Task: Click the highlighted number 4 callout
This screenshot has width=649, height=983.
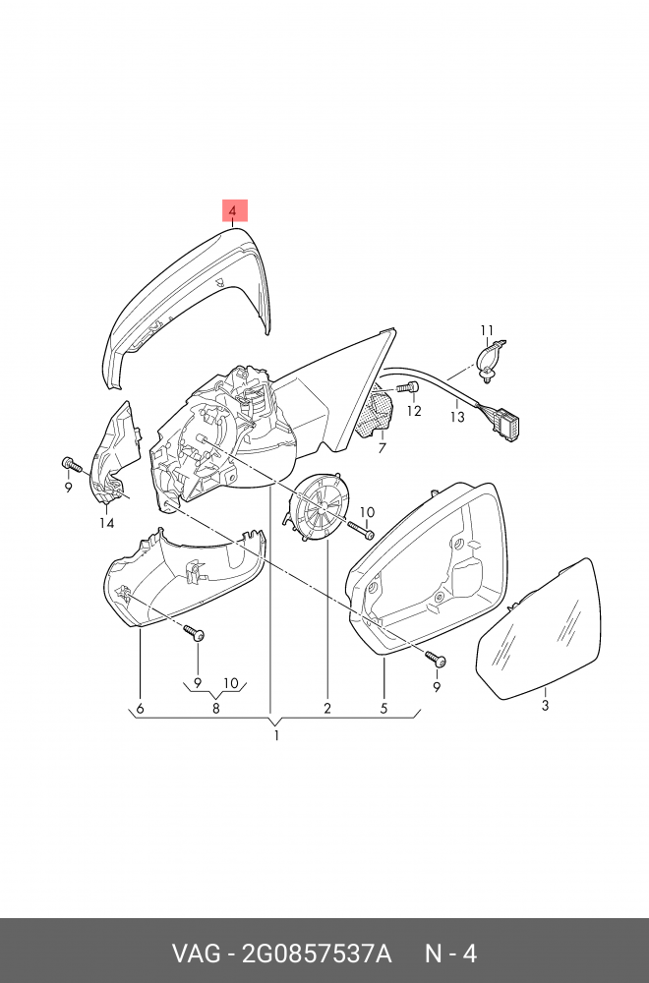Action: click(x=233, y=210)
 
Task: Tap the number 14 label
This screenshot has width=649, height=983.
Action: click(x=106, y=523)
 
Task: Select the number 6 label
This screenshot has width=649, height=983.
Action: click(x=140, y=709)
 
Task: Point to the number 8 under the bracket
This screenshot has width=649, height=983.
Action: click(x=215, y=709)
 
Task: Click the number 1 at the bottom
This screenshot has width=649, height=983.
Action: click(x=276, y=735)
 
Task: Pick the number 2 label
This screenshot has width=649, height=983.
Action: click(x=327, y=709)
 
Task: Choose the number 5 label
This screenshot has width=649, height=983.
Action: click(x=384, y=709)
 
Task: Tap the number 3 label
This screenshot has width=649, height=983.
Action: click(x=546, y=705)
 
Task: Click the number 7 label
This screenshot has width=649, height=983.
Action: click(x=383, y=448)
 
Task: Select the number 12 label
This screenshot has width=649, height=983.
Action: click(x=414, y=411)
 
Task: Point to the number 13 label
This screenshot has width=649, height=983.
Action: click(x=457, y=417)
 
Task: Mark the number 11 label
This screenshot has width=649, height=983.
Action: click(x=486, y=329)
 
